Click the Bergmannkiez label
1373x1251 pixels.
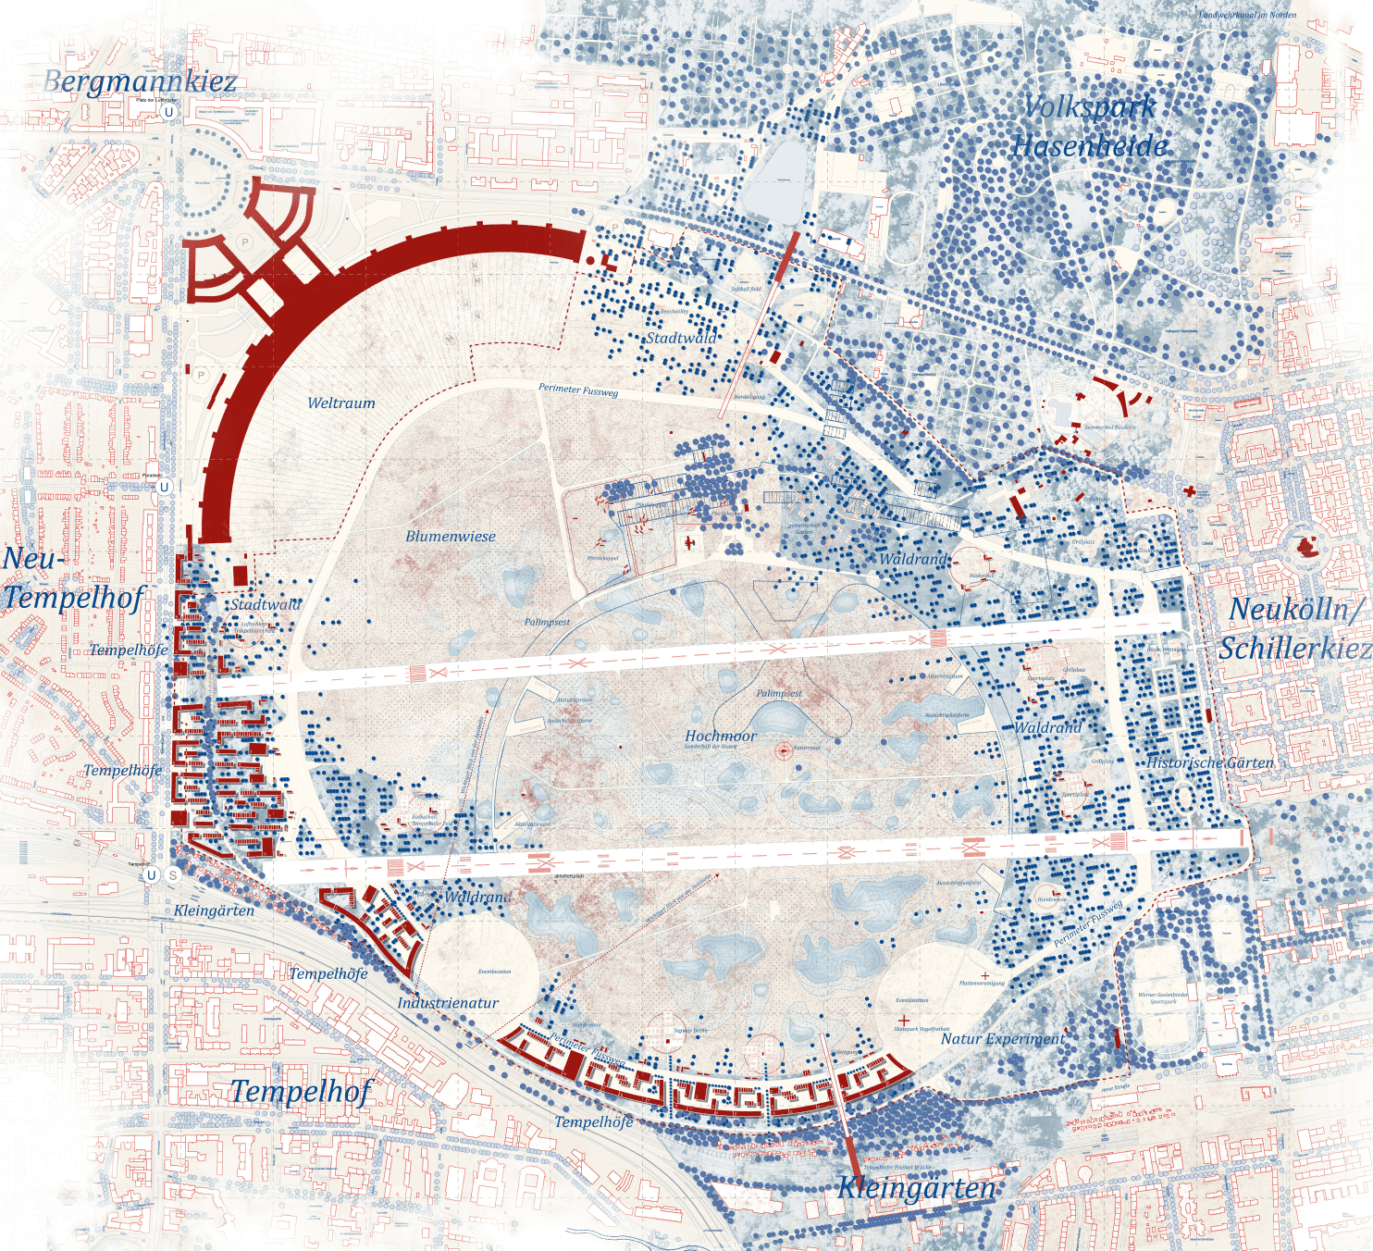pyautogui.click(x=140, y=81)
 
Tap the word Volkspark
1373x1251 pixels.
pyautogui.click(x=1090, y=106)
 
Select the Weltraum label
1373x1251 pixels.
pyautogui.click(x=341, y=403)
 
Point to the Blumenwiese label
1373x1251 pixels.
pyautogui.click(x=451, y=537)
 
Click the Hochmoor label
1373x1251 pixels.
pyautogui.click(x=721, y=736)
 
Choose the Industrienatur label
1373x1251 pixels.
pyautogui.click(x=448, y=1003)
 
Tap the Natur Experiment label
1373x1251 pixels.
pyautogui.click(x=1003, y=1039)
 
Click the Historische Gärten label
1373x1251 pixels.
pyautogui.click(x=1210, y=762)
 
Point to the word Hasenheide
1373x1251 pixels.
pyautogui.click(x=1090, y=146)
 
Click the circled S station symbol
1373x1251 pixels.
pyautogui.click(x=173, y=874)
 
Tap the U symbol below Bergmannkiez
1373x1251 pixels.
pyautogui.click(x=168, y=112)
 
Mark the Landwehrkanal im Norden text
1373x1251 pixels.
pyautogui.click(x=1247, y=15)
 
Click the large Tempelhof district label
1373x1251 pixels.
pyautogui.click(x=302, y=1092)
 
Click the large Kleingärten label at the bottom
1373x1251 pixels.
pyautogui.click(x=916, y=1188)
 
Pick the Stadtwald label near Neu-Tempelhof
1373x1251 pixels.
pyautogui.click(x=266, y=604)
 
